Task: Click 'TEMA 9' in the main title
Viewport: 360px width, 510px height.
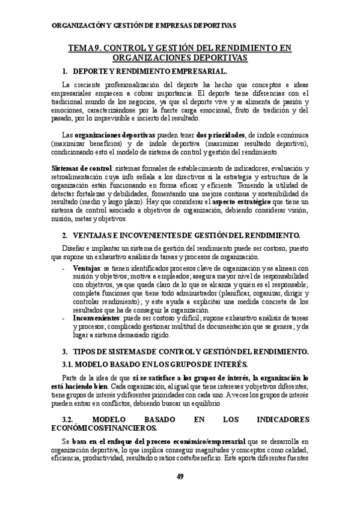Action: point(85,48)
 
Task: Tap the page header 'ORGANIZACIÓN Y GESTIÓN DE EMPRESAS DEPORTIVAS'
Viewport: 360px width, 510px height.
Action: point(145,26)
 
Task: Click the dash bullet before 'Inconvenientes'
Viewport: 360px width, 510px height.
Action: point(64,316)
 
